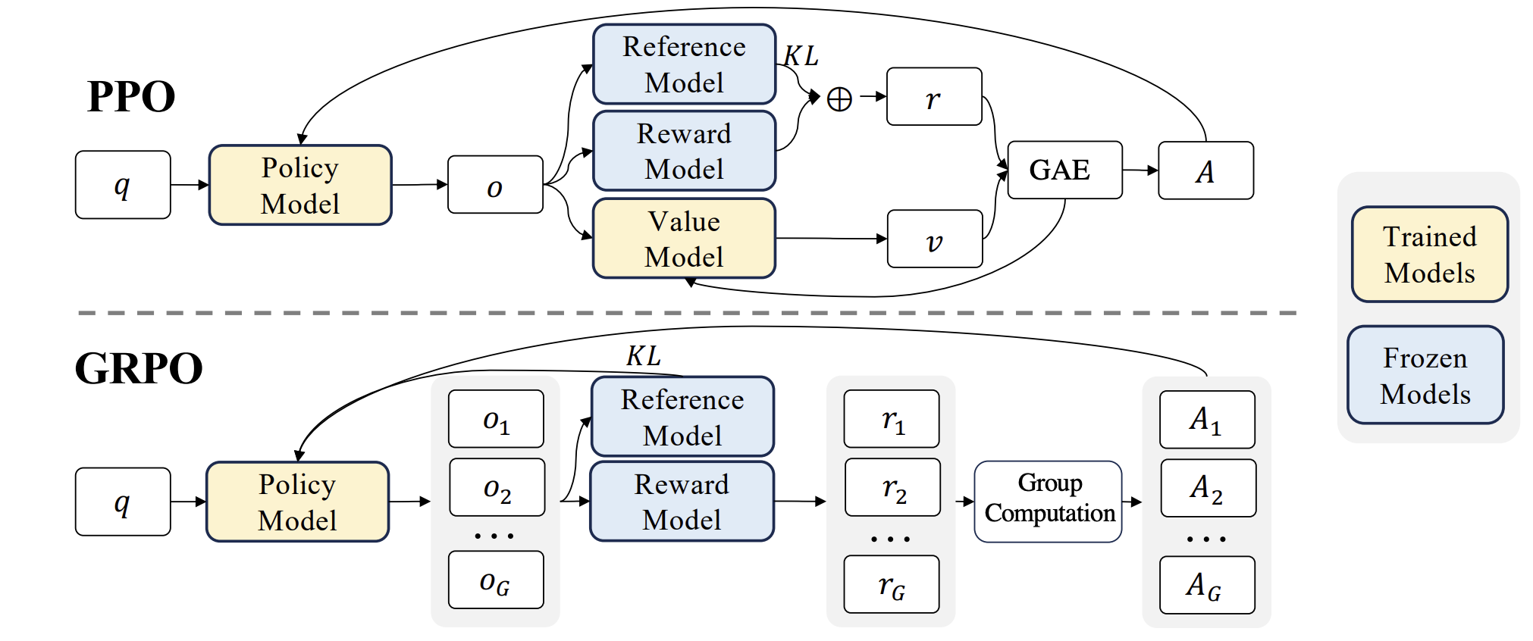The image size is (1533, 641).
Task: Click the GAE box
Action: (1064, 170)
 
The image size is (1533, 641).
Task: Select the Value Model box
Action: (684, 239)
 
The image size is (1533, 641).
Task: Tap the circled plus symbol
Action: (839, 99)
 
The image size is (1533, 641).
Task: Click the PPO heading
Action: (131, 97)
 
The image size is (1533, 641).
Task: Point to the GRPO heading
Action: (139, 368)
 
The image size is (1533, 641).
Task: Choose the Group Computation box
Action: (1049, 502)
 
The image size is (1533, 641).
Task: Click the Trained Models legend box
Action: (1429, 255)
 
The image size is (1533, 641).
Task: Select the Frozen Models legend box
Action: (1425, 375)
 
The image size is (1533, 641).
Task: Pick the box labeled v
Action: (934, 239)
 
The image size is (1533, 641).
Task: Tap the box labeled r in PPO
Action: (933, 97)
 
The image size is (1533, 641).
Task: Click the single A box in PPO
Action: (1205, 170)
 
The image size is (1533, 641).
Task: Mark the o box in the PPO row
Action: (495, 185)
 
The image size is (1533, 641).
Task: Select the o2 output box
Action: (497, 487)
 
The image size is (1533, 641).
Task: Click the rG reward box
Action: (892, 584)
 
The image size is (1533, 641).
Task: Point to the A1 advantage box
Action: (1206, 420)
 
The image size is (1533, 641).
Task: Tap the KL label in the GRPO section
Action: (643, 355)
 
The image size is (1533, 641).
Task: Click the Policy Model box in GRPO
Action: (297, 502)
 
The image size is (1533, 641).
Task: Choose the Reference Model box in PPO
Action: (684, 64)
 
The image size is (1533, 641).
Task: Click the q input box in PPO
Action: (123, 185)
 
